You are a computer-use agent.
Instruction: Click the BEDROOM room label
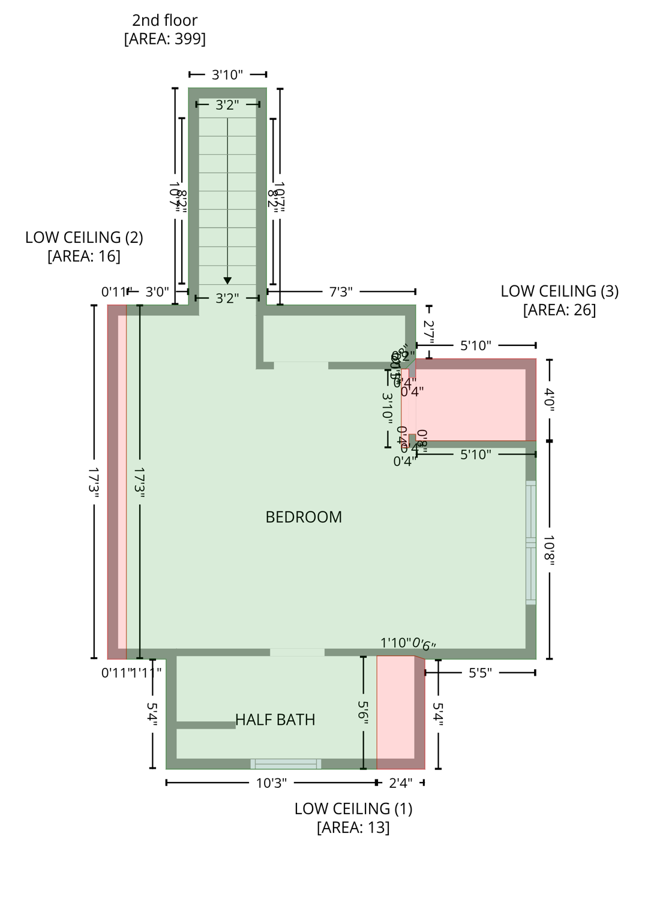(x=304, y=517)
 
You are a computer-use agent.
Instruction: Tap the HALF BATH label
(x=275, y=720)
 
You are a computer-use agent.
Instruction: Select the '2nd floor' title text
(x=164, y=20)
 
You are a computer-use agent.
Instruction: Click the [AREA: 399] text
(x=164, y=39)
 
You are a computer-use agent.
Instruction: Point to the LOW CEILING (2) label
(x=84, y=237)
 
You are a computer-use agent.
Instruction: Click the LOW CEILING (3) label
(x=559, y=291)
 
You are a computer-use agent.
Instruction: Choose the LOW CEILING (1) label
(x=353, y=808)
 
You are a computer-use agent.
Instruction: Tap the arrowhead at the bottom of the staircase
(x=227, y=280)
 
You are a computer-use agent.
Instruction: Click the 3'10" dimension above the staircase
(x=227, y=74)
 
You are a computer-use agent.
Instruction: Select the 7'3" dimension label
(x=341, y=292)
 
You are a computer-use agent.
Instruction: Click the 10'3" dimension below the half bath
(x=271, y=782)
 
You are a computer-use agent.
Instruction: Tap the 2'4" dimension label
(x=400, y=782)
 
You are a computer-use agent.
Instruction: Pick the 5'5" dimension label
(x=480, y=673)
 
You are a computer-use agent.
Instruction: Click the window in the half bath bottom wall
(x=286, y=764)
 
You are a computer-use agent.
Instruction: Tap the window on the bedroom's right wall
(x=531, y=543)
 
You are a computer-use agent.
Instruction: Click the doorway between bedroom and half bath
(x=297, y=652)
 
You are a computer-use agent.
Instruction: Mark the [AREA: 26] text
(x=559, y=310)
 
